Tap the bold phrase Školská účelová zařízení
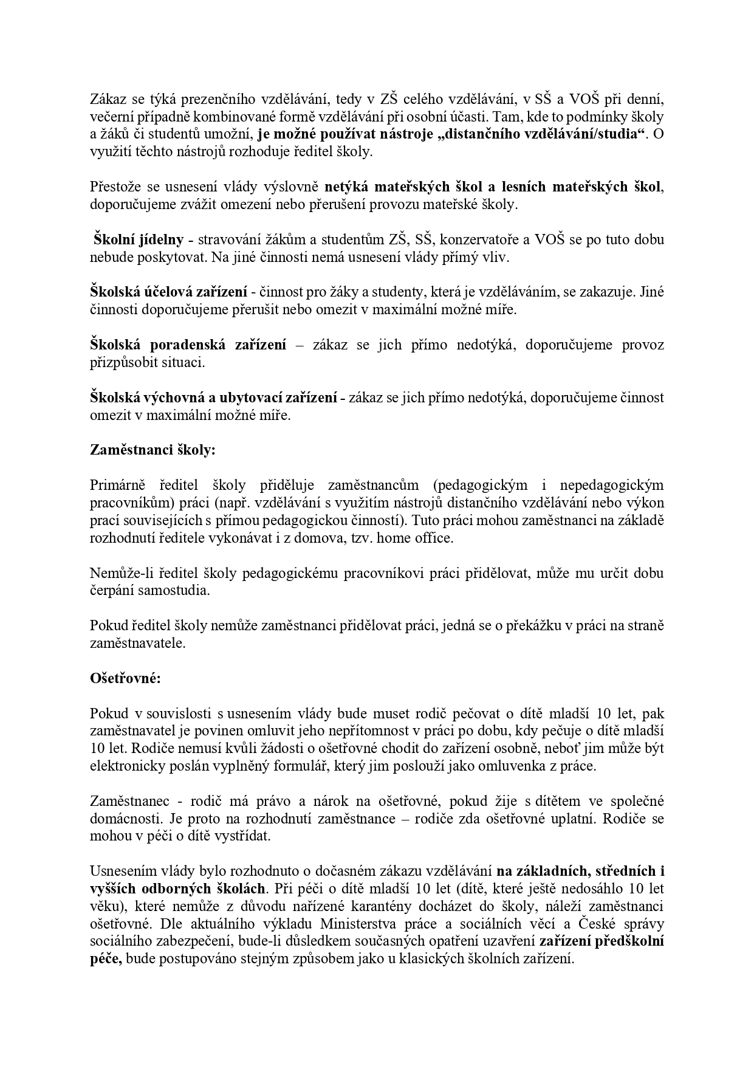coord(168,292)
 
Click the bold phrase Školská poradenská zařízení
coord(188,345)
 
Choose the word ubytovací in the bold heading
coord(262,398)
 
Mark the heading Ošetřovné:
coord(125,679)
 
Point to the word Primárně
coord(118,486)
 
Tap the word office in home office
coord(433,538)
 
